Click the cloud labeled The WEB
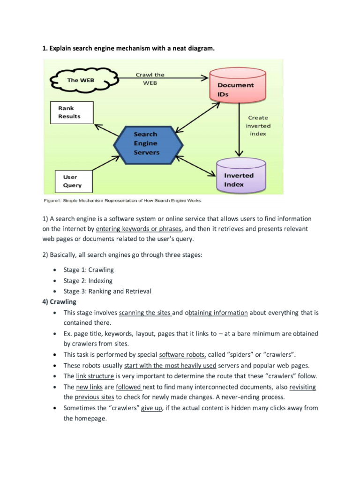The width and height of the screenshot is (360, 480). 81,81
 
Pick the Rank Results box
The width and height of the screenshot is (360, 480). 71,112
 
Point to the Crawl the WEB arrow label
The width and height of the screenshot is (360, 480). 150,79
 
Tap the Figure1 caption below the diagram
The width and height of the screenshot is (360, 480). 123,201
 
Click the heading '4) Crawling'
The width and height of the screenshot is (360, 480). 59,301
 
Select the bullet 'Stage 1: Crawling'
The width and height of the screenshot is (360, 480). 89,270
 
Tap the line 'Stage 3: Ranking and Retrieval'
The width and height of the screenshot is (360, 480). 107,291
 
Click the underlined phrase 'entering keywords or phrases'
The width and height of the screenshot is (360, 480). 138,229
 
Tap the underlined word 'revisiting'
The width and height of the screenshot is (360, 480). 302,387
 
